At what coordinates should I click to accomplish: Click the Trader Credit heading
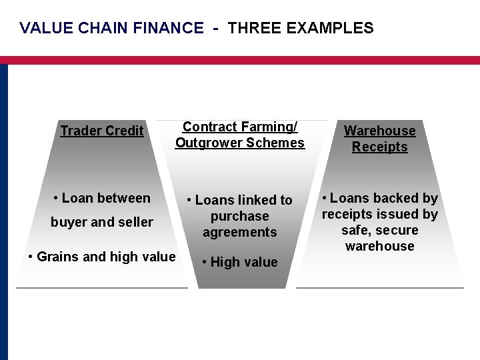click(102, 131)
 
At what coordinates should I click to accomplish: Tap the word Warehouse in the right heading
click(379, 131)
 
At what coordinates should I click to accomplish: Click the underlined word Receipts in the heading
click(379, 147)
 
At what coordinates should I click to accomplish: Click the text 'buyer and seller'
click(102, 222)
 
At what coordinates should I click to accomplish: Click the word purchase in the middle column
click(239, 216)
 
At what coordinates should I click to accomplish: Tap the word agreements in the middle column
click(239, 232)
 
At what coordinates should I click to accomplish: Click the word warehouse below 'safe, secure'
click(379, 246)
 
